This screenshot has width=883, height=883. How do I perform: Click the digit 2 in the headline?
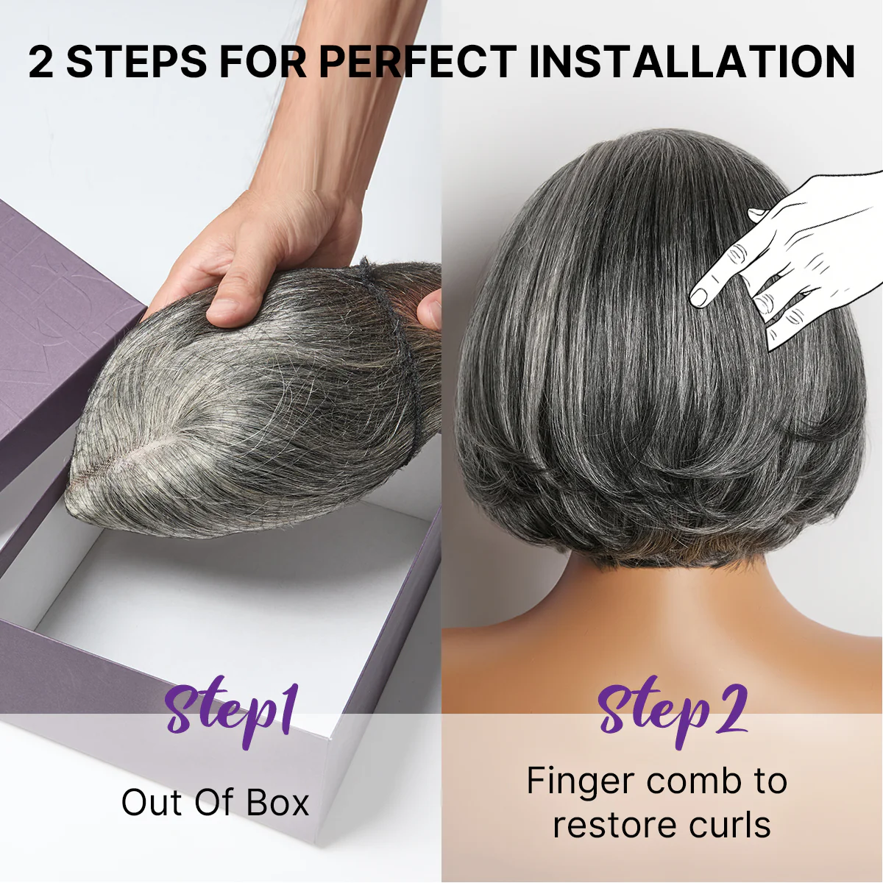[x=41, y=62]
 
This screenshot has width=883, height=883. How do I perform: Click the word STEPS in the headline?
[x=137, y=62]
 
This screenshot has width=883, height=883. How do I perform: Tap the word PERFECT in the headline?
[x=417, y=62]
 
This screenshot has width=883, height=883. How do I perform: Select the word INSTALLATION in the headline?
[x=692, y=62]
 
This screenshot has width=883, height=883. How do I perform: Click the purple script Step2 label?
[x=671, y=710]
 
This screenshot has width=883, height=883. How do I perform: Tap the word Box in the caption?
[x=277, y=803]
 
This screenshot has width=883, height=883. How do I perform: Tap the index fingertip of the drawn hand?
[x=698, y=298]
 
